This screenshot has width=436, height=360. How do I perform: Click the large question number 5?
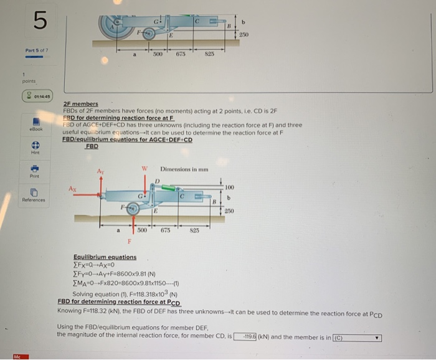coord(39,22)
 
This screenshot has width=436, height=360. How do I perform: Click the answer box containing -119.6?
coord(244,337)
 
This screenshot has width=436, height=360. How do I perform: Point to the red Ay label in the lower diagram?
coord(98,171)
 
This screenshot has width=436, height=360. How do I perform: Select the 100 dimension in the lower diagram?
coord(229,187)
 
